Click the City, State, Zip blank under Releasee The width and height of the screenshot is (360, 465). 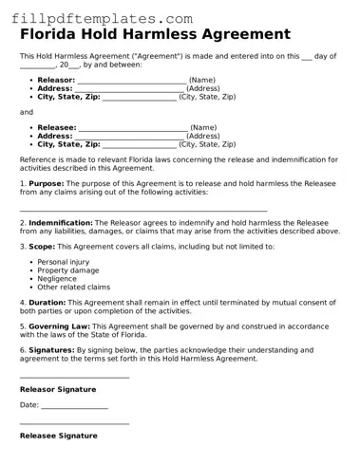click(139, 145)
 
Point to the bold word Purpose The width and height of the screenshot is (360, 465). click(46, 182)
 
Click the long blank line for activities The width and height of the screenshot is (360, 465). click(142, 210)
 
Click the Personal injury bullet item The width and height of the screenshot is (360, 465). click(64, 261)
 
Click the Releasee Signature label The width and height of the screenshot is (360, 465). click(58, 436)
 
